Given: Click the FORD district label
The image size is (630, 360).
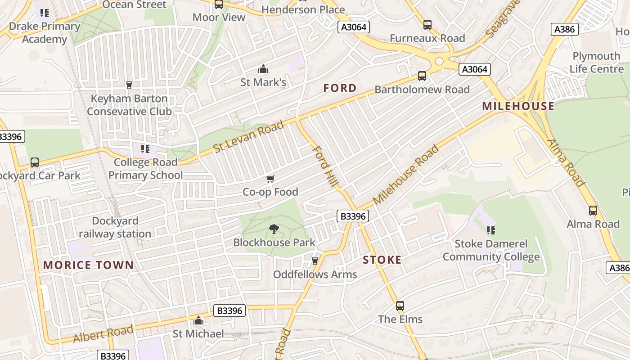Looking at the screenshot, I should point(340,88).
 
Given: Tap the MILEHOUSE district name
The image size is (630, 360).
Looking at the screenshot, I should point(518,106).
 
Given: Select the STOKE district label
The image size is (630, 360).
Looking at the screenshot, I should point(382,260).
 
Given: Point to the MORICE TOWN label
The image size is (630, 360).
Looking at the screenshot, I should point(89,265).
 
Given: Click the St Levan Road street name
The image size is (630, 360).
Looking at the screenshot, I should point(249,136).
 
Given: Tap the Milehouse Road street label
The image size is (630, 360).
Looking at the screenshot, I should point(406,175).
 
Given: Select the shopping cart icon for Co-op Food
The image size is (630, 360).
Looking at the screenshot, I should point(270,179).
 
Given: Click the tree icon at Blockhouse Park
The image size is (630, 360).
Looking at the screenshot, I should point(274,229).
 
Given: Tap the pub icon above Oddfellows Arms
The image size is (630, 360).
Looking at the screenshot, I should point(315,261).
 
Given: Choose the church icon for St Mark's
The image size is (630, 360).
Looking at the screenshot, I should point(263,69).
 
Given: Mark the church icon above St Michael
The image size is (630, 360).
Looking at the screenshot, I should point(198,320).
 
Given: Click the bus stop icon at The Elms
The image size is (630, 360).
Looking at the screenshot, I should point(400,306).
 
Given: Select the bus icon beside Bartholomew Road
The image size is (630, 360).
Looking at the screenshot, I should point(422,76).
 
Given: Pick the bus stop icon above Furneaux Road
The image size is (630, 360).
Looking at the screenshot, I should point(427,25).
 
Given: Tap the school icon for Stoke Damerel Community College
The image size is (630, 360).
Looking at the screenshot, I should point(491,230).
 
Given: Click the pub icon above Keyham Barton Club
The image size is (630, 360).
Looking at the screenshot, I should point(129,85).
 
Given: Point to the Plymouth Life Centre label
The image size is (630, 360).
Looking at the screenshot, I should point(596,63).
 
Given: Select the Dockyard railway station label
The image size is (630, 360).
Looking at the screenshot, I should point(115,227).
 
